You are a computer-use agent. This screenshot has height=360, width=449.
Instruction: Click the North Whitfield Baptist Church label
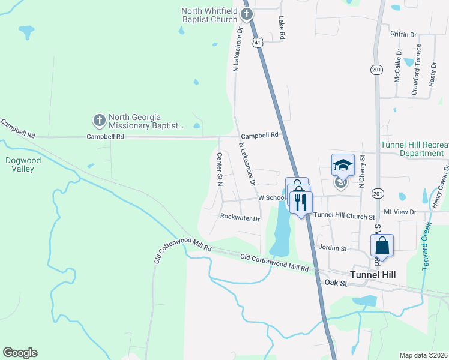210,15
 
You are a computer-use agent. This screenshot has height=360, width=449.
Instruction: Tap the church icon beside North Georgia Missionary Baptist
100,121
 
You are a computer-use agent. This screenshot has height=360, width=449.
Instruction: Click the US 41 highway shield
258,43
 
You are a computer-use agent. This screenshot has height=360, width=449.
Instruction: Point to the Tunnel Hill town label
373,274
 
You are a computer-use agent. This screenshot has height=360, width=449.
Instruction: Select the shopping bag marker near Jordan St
382,245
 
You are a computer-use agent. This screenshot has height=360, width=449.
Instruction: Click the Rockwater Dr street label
240,218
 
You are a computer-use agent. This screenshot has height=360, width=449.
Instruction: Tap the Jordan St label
333,248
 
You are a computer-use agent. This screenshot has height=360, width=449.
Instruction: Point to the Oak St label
336,282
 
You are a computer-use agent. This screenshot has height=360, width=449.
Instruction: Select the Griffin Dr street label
403,34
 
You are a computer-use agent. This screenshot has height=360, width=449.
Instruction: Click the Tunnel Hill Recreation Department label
415,149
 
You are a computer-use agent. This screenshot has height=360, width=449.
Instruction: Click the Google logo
20,353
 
